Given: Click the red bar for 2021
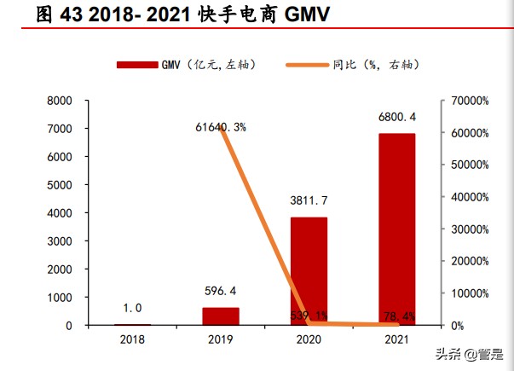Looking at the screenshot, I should (x=396, y=229).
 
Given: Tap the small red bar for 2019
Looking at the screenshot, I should (x=221, y=316).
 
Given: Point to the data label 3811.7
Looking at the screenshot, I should (x=309, y=200).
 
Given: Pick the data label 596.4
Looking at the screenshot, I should (x=221, y=292).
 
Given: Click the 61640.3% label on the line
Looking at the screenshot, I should (x=221, y=127).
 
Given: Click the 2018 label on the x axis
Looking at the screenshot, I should (x=133, y=339).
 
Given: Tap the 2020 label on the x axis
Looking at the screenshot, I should (x=309, y=339).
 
